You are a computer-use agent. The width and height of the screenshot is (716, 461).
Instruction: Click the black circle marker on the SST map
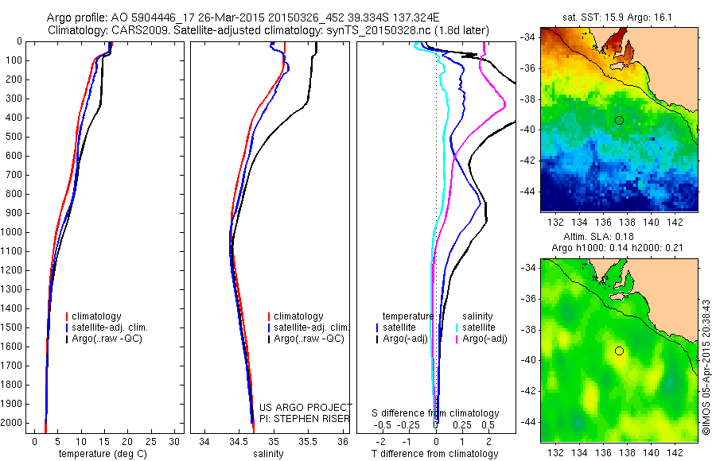pos(619,120)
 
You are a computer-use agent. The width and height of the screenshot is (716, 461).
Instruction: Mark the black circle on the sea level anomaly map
pos(619,351)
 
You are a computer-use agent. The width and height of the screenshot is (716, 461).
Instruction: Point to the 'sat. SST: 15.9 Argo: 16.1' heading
pos(617,15)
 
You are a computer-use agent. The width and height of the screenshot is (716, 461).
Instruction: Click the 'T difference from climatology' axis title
pos(436,454)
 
